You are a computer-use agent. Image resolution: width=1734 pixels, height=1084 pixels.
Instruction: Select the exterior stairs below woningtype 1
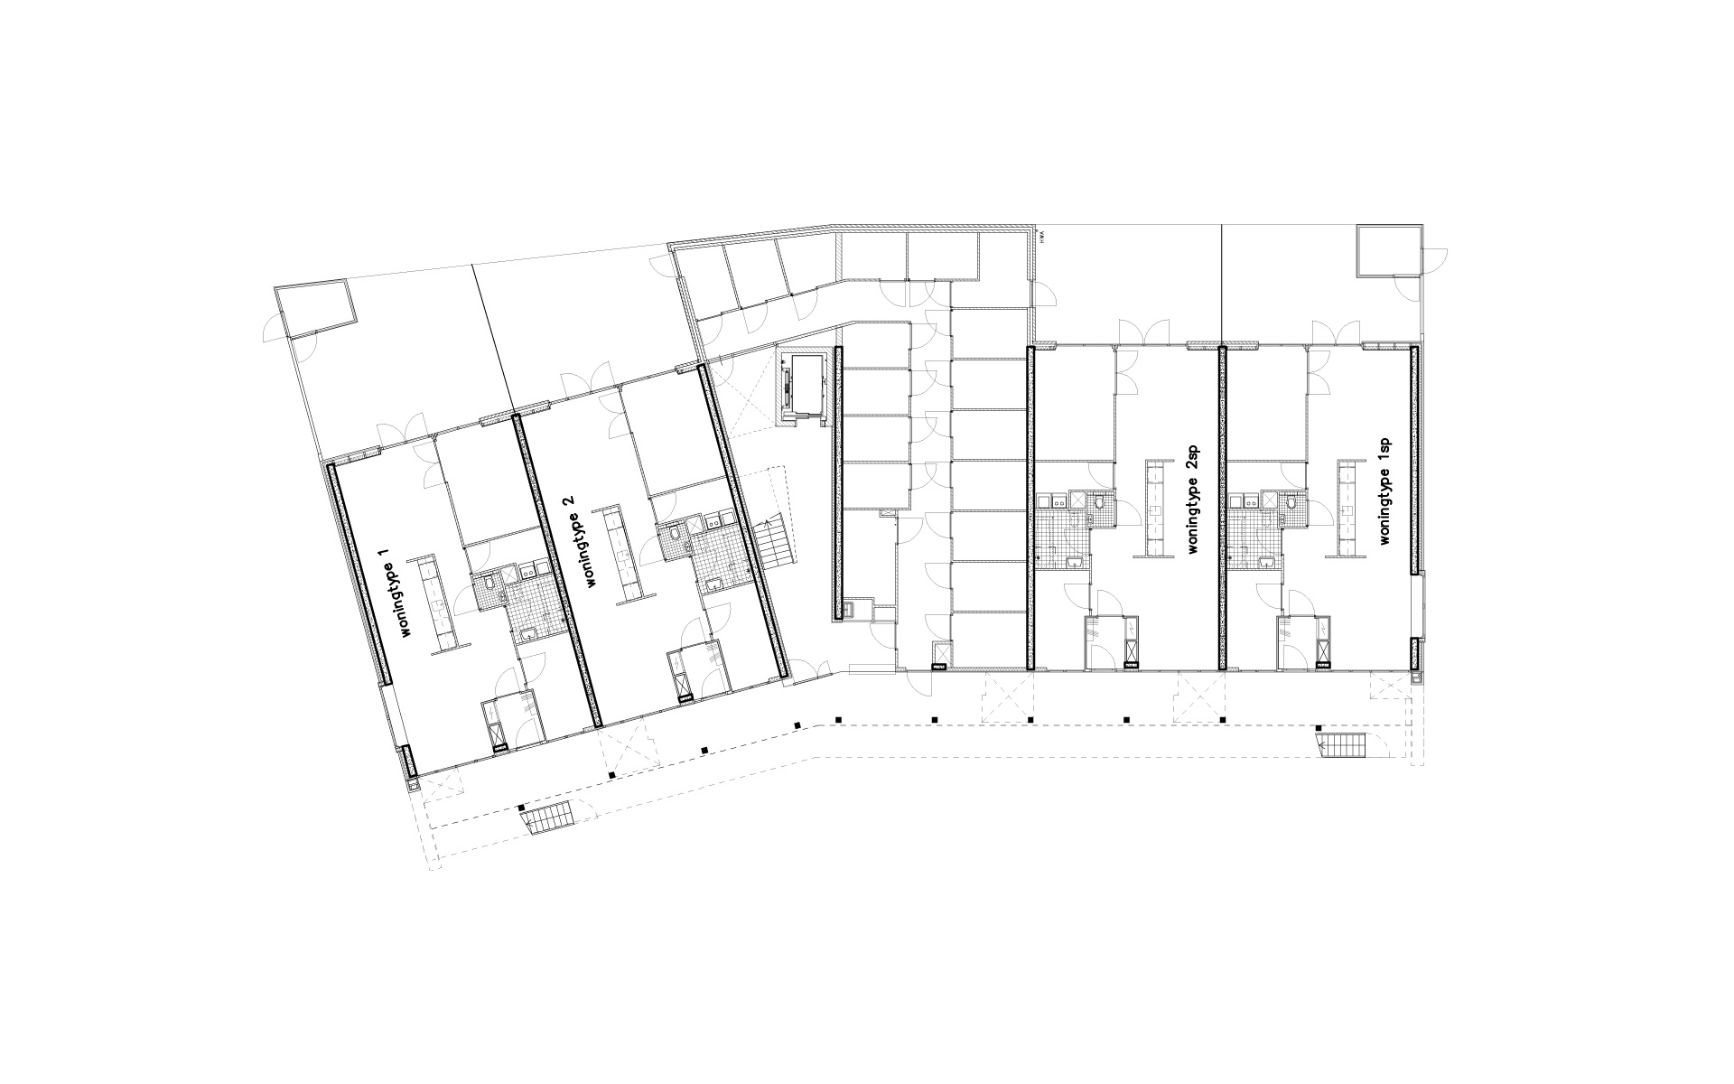pyautogui.click(x=546, y=818)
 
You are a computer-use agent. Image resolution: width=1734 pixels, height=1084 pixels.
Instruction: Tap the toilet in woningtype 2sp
pyautogui.click(x=1100, y=503)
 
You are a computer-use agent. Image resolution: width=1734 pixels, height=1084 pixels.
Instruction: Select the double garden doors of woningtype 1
pyautogui.click(x=400, y=428)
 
